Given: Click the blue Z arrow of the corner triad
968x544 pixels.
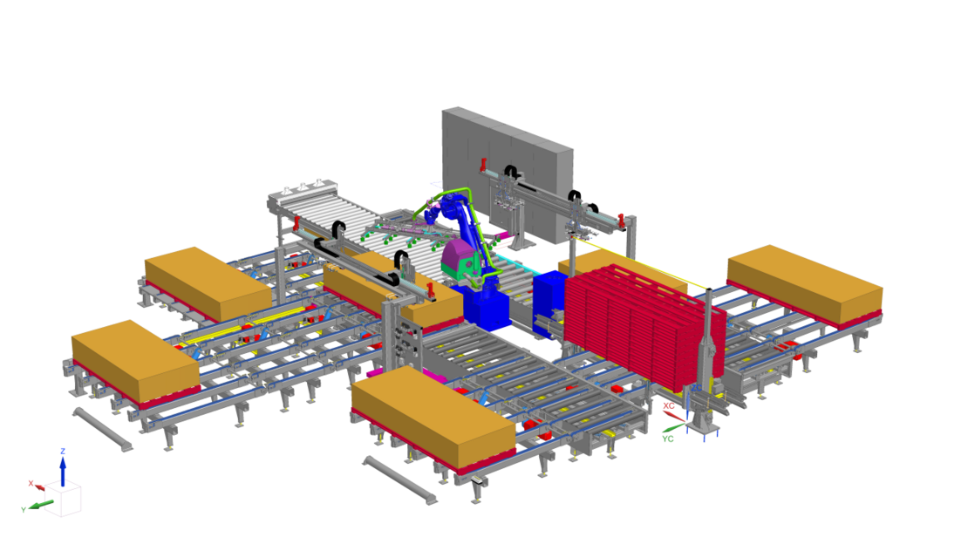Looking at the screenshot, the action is (62, 472).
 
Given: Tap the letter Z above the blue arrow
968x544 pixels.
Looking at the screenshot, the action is (62, 452).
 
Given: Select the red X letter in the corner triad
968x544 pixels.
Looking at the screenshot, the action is (31, 483).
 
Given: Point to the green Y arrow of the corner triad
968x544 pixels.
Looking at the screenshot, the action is (41, 505).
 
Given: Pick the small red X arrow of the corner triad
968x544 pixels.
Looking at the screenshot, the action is (39, 487).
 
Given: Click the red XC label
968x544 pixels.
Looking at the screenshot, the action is (669, 405).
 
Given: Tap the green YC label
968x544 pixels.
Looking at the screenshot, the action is (667, 439).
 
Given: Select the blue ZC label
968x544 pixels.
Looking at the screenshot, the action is (696, 388).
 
